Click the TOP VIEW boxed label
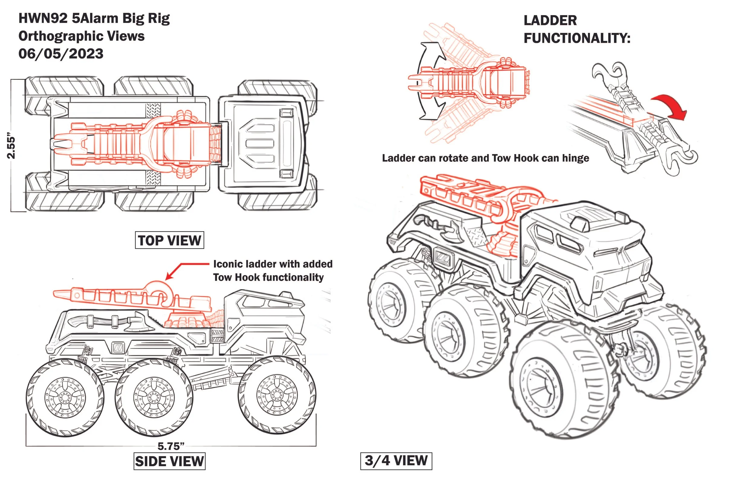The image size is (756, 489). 169,240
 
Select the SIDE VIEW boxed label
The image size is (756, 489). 169,461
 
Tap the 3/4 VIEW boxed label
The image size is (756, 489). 396,461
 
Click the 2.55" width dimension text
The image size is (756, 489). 11,146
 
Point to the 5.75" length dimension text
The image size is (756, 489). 171,446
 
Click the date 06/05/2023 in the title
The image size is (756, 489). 61,53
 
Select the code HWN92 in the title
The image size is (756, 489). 43,18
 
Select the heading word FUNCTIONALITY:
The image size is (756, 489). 577,38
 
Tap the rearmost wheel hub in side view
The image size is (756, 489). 65,397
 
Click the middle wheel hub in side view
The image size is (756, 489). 154,397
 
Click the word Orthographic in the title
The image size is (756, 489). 61,36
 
